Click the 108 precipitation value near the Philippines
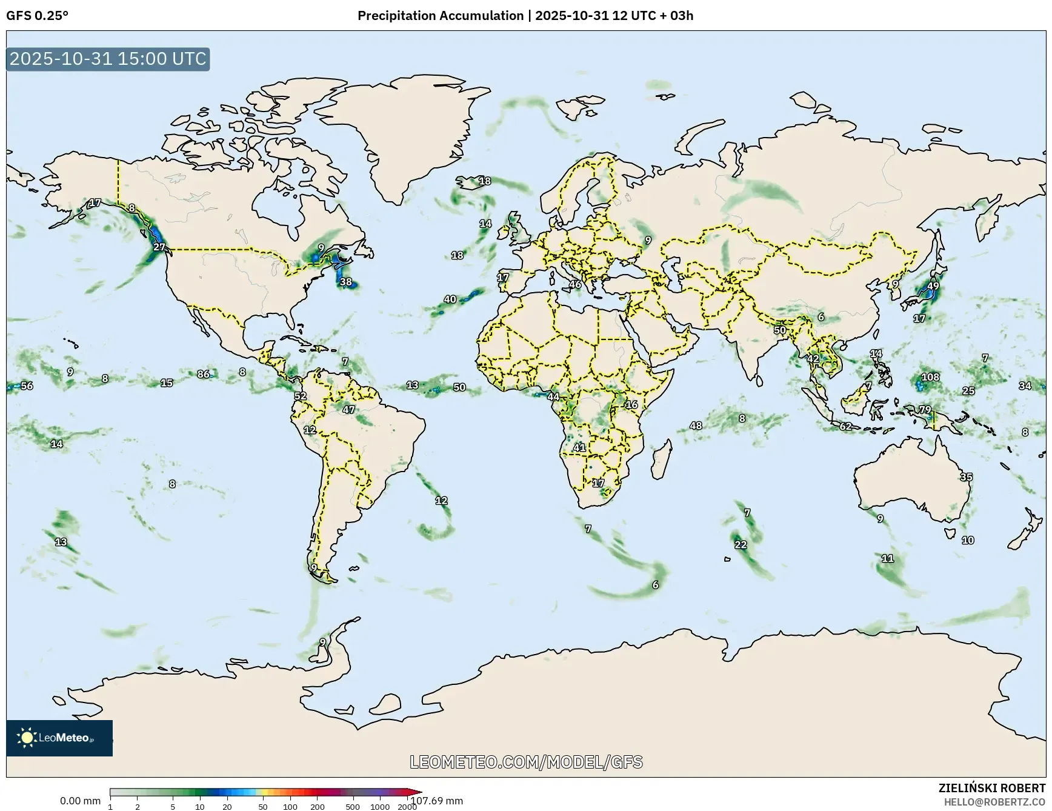point(930,377)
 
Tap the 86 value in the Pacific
point(204,374)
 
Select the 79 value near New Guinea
point(925,410)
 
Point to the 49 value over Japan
point(933,286)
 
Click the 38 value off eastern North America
point(345,282)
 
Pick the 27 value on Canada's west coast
point(159,247)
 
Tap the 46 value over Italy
point(575,284)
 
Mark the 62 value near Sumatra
point(845,427)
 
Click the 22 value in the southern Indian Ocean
point(741,545)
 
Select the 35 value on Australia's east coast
point(966,477)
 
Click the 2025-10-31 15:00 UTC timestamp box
point(108,59)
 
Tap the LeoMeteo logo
point(59,738)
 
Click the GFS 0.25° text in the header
point(37,16)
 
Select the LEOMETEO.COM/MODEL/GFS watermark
point(526,762)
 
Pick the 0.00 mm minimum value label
point(80,801)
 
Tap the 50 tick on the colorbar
point(262,807)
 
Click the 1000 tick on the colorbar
point(380,807)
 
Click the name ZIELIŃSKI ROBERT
point(991,789)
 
